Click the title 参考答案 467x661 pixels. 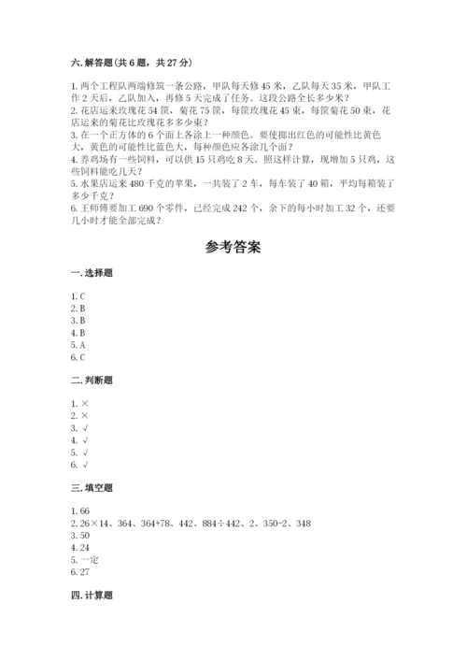[233, 248]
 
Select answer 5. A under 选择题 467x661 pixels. [78, 344]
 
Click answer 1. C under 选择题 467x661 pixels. [78, 295]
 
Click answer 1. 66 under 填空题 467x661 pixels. [79, 512]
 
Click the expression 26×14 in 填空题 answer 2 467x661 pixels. [96, 524]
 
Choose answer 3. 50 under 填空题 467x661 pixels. [80, 537]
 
